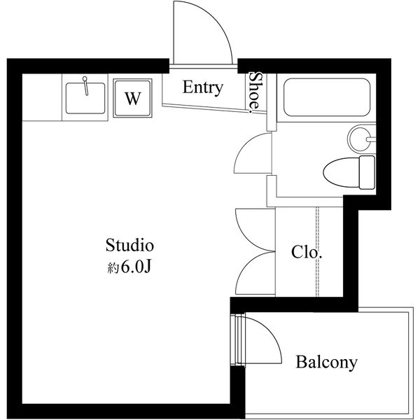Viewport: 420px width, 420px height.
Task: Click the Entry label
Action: [x=202, y=87]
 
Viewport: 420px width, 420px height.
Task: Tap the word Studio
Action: [x=129, y=246]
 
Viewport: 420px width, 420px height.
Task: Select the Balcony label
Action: [x=326, y=363]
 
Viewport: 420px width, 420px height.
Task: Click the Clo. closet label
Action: [x=306, y=251]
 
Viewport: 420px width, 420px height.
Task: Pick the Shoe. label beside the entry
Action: [x=256, y=91]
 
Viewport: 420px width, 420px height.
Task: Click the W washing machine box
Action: [x=131, y=98]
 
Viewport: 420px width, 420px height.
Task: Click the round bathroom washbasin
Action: [x=362, y=138]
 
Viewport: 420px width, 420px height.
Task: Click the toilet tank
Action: [x=367, y=171]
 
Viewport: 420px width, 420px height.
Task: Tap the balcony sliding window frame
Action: [x=238, y=339]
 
